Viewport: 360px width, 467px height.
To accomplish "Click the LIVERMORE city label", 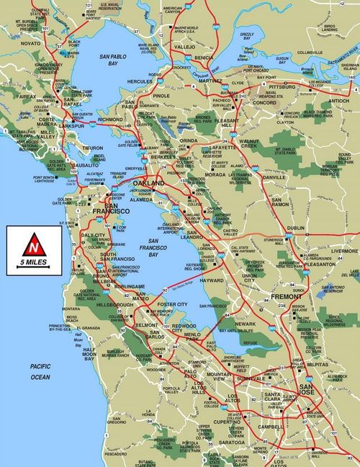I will (343, 252).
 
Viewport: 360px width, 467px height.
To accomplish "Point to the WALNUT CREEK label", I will (249, 144).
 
